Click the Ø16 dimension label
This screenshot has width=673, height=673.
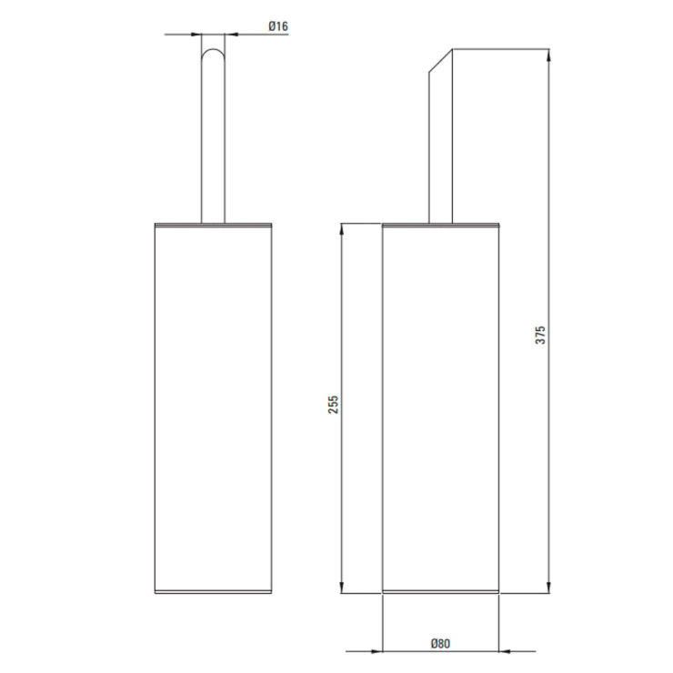click(x=278, y=26)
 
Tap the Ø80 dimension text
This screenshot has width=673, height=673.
click(x=440, y=643)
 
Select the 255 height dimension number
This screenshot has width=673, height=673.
click(x=334, y=405)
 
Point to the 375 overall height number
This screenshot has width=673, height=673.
click(x=540, y=335)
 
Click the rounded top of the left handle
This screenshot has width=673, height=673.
click(x=213, y=50)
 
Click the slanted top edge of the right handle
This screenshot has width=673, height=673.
click(x=441, y=61)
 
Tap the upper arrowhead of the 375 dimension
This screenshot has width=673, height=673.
click(x=548, y=55)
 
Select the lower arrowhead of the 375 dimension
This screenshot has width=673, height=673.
click(x=548, y=587)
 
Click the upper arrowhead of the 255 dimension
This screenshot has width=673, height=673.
click(x=342, y=229)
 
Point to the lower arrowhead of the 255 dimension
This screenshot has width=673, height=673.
click(x=342, y=587)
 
